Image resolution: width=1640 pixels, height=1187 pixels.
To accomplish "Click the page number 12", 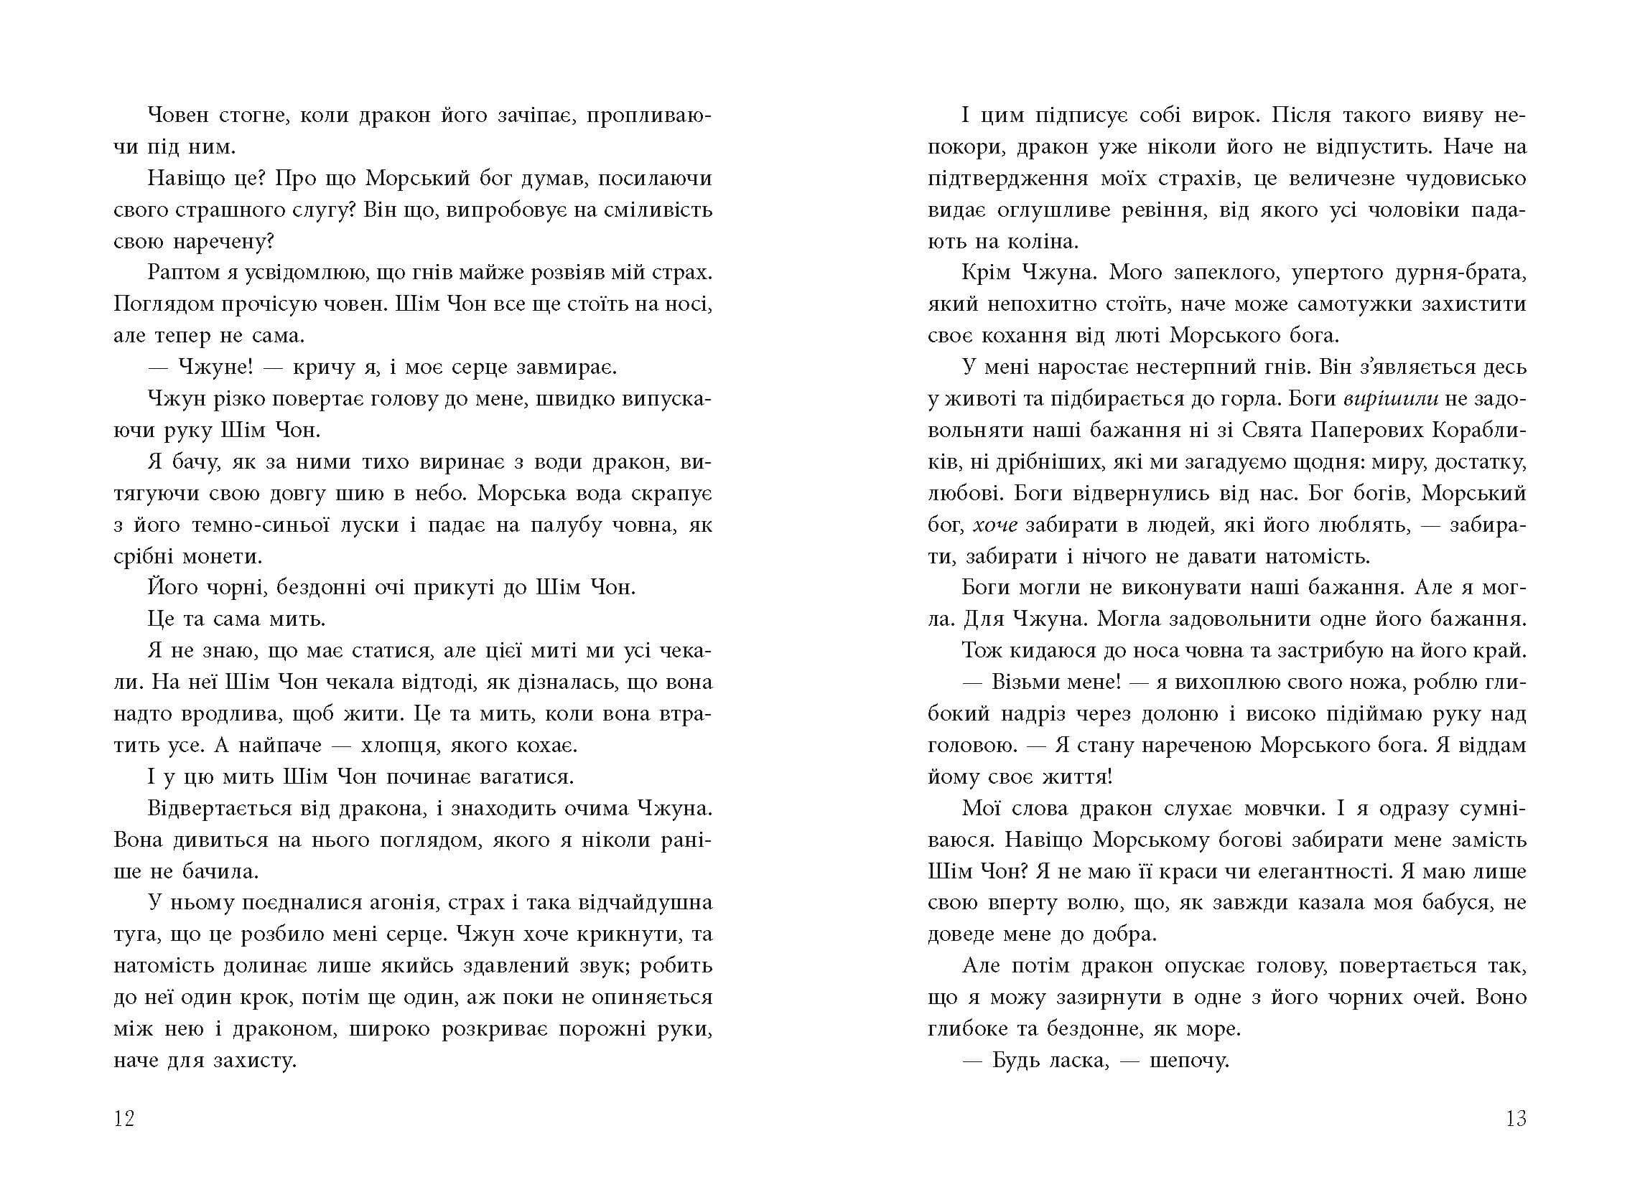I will (124, 1119).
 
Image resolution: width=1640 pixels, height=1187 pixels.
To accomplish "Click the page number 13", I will (1516, 1119).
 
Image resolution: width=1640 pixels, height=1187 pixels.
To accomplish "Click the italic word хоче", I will (995, 525).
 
